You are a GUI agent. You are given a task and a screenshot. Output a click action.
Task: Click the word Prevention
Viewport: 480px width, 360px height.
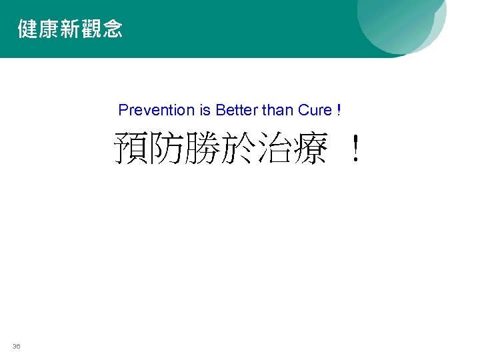tap(151, 110)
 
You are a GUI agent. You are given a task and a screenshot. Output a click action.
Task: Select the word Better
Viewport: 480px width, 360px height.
tap(236, 110)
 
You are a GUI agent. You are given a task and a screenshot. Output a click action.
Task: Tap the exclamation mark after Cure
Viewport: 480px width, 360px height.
tap(339, 110)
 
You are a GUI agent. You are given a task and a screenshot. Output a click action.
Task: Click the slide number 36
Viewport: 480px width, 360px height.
tap(16, 346)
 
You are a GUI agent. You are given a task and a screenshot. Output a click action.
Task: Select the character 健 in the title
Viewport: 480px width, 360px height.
tap(29, 29)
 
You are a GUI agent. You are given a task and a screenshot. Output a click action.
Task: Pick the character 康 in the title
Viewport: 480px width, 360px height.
tap(49, 29)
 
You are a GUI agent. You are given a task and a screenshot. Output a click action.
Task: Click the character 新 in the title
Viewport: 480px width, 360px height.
tap(70, 29)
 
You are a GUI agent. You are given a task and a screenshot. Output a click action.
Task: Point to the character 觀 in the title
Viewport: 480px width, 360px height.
tap(91, 29)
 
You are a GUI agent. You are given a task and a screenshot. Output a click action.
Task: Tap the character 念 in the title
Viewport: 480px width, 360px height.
tap(112, 29)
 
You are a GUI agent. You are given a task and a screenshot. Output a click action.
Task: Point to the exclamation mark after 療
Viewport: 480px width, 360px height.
tap(357, 149)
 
